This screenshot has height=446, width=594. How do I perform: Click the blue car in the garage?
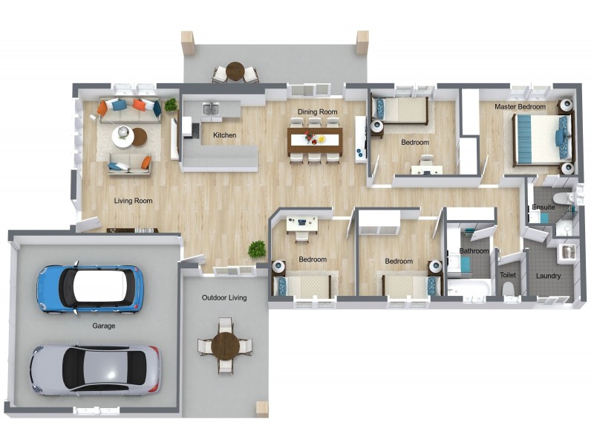(x=90, y=288)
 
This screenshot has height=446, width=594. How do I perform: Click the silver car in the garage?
(x=95, y=369)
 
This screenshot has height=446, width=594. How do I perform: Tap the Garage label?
(x=104, y=326)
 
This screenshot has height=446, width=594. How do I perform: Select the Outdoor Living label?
(x=224, y=298)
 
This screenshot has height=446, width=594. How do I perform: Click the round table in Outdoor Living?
(x=224, y=346)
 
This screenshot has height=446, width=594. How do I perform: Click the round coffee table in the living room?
(x=123, y=137)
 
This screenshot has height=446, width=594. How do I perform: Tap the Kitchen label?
(x=224, y=135)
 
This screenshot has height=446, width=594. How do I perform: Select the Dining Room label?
(x=318, y=112)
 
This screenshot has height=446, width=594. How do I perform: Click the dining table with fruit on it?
(x=315, y=138)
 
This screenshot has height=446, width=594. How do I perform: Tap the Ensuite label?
(x=542, y=207)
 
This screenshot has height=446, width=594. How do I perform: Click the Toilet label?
(x=508, y=275)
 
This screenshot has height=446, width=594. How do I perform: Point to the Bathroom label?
(x=474, y=251)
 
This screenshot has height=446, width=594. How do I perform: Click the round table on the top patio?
(x=235, y=71)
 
